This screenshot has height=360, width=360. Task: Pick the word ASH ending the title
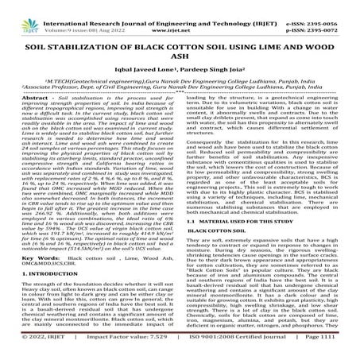(x=180, y=50)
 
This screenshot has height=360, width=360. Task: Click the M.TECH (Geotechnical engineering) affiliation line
(x=179, y=78)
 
